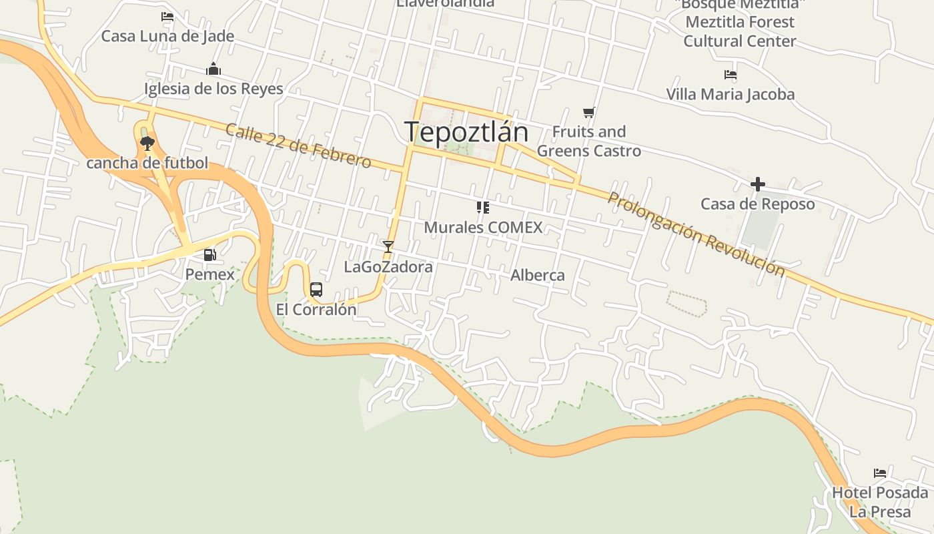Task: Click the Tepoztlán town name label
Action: click(466, 132)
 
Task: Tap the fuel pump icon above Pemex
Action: click(209, 254)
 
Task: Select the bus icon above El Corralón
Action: click(316, 290)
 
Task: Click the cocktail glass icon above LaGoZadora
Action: click(388, 247)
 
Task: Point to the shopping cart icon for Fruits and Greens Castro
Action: click(588, 112)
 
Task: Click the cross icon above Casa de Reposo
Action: click(757, 184)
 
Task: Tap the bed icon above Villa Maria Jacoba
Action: click(731, 75)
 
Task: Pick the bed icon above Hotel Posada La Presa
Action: click(880, 473)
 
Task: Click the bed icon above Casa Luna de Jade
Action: click(167, 17)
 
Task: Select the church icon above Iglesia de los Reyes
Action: click(213, 69)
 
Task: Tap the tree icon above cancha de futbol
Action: click(147, 143)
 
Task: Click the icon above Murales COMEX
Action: click(483, 208)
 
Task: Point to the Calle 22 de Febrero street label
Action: click(298, 145)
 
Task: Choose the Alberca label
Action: click(537, 275)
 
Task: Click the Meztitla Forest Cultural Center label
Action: click(740, 31)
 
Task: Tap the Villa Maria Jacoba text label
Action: click(731, 94)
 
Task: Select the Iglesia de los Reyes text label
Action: click(213, 88)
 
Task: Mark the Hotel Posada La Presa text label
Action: click(880, 502)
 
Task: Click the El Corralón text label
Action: click(316, 310)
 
